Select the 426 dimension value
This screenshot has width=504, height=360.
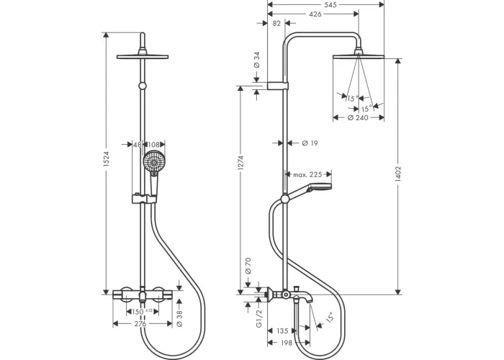(x=314, y=13)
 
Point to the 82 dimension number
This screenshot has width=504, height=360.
(x=278, y=23)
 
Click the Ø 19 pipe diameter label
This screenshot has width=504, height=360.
(x=310, y=143)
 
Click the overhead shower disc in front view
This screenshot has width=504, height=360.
(x=146, y=56)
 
